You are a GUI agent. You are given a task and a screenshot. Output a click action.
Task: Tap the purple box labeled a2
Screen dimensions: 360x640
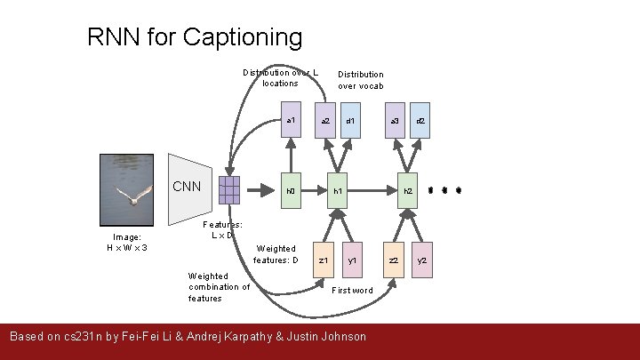pyautogui.click(x=325, y=121)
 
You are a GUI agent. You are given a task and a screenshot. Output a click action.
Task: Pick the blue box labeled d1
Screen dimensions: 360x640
pyautogui.click(x=351, y=121)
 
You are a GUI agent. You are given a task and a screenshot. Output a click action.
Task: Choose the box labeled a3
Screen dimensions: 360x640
pyautogui.click(x=396, y=121)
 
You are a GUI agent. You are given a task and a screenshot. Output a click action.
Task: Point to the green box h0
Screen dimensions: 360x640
pyautogui.click(x=290, y=190)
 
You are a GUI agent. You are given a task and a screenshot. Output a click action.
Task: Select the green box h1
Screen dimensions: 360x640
pyautogui.click(x=338, y=190)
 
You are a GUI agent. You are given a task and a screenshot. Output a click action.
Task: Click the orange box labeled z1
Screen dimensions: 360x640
pyautogui.click(x=324, y=260)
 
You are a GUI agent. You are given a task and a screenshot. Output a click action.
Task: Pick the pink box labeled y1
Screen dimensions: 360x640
pyautogui.click(x=352, y=260)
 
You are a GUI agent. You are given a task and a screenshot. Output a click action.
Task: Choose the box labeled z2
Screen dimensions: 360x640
pyautogui.click(x=395, y=260)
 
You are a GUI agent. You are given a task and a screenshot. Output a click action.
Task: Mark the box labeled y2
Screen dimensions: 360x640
pyautogui.click(x=422, y=260)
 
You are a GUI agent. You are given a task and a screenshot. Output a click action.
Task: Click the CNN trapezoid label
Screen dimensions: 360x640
pyautogui.click(x=187, y=187)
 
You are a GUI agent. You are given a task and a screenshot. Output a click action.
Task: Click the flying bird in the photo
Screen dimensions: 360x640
pyautogui.click(x=132, y=197)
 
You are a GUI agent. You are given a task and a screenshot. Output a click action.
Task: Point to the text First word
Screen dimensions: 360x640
pyautogui.click(x=352, y=291)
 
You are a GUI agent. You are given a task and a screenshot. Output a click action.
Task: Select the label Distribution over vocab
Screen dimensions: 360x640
pyautogui.click(x=360, y=80)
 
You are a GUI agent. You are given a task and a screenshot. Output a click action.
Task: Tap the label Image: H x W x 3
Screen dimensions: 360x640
pyautogui.click(x=127, y=242)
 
